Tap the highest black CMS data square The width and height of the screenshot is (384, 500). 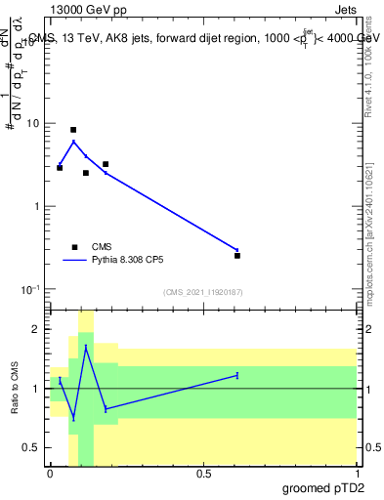pyautogui.click(x=73, y=130)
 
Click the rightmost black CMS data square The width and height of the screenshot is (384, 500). pyautogui.click(x=237, y=256)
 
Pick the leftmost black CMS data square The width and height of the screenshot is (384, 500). pyautogui.click(x=60, y=168)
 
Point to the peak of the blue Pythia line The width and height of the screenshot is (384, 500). pyautogui.click(x=73, y=142)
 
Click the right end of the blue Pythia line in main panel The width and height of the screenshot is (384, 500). pyautogui.click(x=237, y=249)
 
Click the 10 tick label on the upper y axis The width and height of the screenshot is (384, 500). pyautogui.click(x=33, y=124)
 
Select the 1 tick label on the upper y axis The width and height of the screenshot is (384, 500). pyautogui.click(x=36, y=207)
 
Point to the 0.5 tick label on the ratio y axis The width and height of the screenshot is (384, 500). pyautogui.click(x=32, y=447)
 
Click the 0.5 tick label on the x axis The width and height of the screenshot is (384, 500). pyautogui.click(x=203, y=473)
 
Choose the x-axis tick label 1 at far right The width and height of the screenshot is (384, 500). pyautogui.click(x=357, y=473)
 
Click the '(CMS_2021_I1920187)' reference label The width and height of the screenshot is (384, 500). pyautogui.click(x=202, y=292)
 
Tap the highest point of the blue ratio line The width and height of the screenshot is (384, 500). pyautogui.click(x=86, y=347)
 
